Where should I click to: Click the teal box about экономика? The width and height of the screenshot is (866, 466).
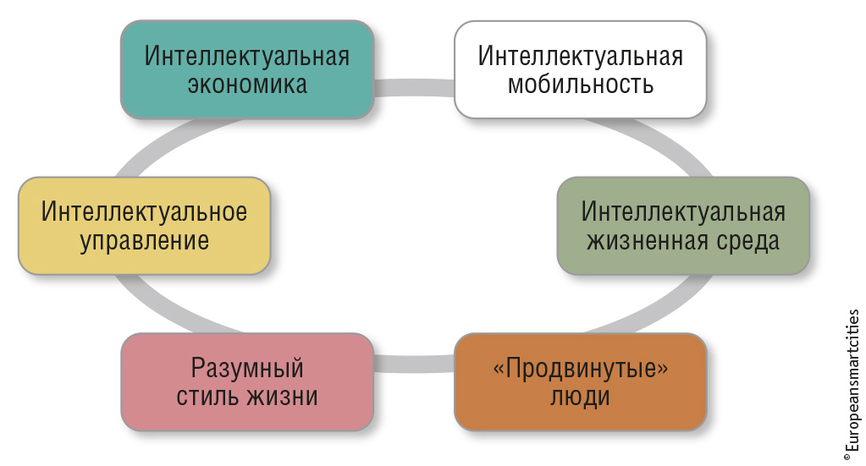[247, 69]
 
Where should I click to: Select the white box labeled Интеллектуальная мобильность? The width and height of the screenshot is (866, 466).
[581, 69]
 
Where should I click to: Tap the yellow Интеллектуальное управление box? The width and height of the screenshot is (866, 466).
[144, 226]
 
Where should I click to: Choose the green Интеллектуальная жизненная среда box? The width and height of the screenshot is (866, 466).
[683, 226]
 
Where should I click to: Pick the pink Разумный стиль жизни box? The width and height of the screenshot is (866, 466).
[247, 381]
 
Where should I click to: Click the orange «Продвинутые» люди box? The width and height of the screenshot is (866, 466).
[581, 381]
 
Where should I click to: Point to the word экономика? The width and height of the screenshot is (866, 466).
[247, 85]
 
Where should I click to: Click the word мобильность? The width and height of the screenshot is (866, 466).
[581, 85]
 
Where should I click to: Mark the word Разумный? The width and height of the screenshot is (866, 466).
[247, 369]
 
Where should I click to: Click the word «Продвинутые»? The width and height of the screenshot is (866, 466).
[581, 369]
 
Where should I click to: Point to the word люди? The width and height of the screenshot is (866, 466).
[580, 397]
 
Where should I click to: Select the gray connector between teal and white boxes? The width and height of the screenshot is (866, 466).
[414, 88]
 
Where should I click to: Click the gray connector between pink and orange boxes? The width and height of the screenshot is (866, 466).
[414, 364]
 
